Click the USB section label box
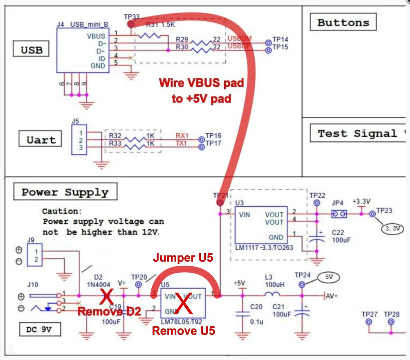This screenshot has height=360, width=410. [32, 50]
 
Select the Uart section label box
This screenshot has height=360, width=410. [41, 140]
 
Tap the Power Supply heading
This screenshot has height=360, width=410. [65, 192]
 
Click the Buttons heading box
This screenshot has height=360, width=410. [343, 22]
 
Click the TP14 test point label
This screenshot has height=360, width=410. [280, 39]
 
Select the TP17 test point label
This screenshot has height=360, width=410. [214, 144]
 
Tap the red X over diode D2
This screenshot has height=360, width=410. [107, 295]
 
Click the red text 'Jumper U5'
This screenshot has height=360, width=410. [184, 258]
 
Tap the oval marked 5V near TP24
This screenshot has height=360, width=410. [329, 277]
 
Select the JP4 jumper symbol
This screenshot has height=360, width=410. [339, 214]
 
